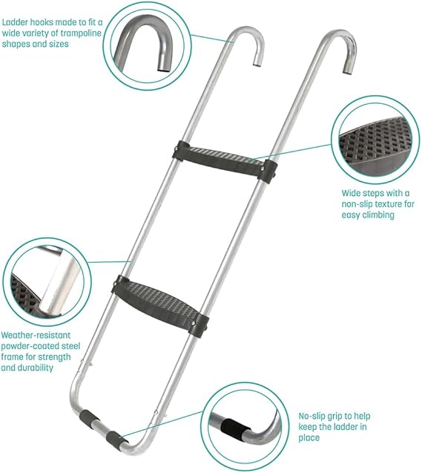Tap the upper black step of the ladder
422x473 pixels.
coord(225,161)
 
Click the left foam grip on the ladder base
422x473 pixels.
coord(89,418)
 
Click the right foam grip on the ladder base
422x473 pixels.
coord(116,438)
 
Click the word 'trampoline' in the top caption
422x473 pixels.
coord(76,33)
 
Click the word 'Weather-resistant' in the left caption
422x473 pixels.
coord(36,335)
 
